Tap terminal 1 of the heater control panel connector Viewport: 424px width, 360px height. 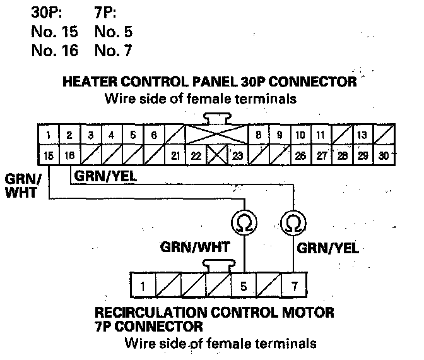(x=49, y=135)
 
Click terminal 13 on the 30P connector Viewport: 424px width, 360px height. (x=362, y=135)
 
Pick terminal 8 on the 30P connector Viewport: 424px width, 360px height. (x=258, y=135)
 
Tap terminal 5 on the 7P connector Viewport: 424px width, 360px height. (x=244, y=286)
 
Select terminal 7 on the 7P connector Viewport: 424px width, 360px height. (x=294, y=286)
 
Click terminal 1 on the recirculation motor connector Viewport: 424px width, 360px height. (x=143, y=286)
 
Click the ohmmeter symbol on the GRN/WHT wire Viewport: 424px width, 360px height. (x=243, y=223)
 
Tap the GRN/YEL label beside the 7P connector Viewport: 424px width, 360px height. (x=327, y=248)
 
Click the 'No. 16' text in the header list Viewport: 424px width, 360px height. (x=54, y=51)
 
